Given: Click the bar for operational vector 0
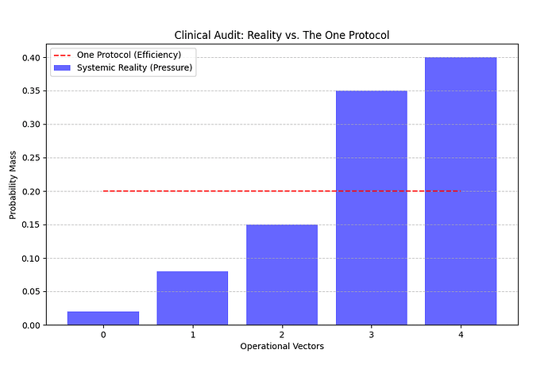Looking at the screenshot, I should tap(103, 318).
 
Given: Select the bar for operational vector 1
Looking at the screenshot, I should tap(192, 298).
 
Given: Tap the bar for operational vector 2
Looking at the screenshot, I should tap(282, 275).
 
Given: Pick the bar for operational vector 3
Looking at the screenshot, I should tap(371, 208).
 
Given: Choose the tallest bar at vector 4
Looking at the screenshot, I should tap(461, 190).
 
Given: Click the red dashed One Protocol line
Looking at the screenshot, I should tap(238, 191).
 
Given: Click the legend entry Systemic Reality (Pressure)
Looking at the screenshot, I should tap(134, 67).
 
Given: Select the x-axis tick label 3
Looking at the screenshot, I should tap(371, 335).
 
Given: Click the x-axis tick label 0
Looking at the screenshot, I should tap(103, 335).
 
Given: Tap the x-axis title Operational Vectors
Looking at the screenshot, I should tap(282, 347).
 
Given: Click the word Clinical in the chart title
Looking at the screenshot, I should tap(192, 36).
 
